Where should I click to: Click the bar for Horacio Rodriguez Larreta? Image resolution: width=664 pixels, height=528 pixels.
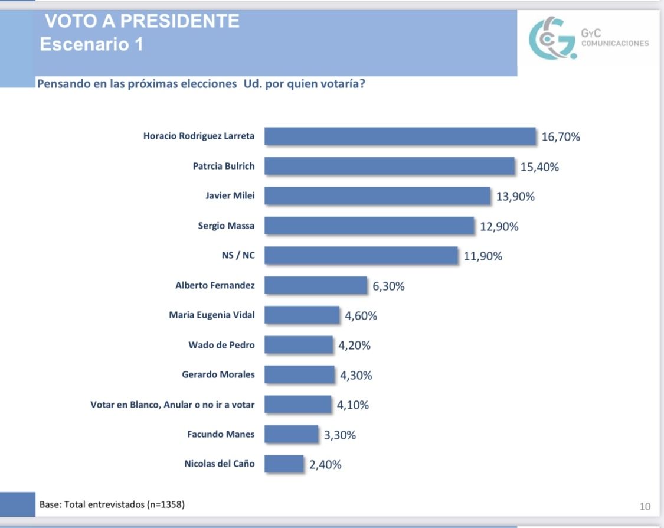coord(400,136)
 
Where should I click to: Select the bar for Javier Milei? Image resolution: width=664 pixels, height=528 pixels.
coord(377,195)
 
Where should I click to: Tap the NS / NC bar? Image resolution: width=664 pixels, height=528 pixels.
coord(361,255)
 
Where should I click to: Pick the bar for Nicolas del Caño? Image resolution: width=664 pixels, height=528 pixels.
coord(284,464)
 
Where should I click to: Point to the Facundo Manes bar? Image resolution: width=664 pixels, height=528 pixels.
coord(291,434)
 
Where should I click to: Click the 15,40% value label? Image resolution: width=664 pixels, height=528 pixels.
coord(539,167)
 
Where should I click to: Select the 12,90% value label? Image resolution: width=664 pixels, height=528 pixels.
coord(499,227)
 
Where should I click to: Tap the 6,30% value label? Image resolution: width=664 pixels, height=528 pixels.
coord(388,286)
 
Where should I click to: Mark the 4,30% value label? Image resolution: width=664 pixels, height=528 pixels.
coord(356,376)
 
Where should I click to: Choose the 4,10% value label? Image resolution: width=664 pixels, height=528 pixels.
coord(353,405)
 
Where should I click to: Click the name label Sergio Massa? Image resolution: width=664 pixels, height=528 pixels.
coord(226,226)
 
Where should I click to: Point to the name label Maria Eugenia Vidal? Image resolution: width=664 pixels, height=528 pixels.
coord(212,315)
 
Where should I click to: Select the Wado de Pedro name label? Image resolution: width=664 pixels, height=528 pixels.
coord(221,344)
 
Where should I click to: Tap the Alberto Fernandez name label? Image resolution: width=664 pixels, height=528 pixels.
coord(215,285)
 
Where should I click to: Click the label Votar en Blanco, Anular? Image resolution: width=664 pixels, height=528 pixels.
coord(172,405)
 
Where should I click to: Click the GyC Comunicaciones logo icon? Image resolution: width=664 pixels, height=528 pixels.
coord(552,39)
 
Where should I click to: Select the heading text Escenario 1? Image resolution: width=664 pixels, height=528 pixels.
coord(91,44)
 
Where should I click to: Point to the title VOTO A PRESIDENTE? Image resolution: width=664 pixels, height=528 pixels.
coord(142,21)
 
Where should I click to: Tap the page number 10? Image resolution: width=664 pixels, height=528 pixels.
coord(645,506)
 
